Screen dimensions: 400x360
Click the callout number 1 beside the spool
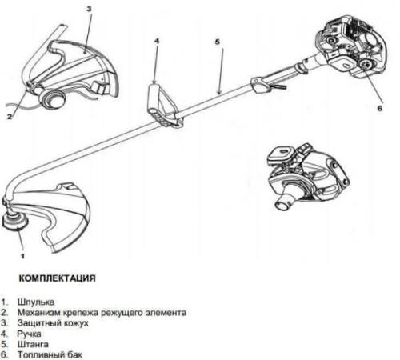click(x=22, y=256)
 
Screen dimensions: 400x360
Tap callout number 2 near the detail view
click(x=10, y=117)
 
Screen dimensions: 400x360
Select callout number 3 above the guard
click(x=89, y=9)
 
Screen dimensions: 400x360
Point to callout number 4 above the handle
click(x=157, y=41)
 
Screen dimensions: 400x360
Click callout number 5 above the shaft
click(x=218, y=42)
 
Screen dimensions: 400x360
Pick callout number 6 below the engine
click(x=380, y=108)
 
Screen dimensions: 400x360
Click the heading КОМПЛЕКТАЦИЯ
click(x=57, y=278)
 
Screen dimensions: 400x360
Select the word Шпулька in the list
click(x=36, y=302)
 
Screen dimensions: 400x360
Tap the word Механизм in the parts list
click(x=39, y=312)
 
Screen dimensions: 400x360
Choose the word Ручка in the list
click(x=29, y=334)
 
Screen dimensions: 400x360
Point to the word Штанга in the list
click(x=33, y=344)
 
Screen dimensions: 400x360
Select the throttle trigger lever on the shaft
click(x=278, y=86)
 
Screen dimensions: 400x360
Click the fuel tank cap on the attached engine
click(x=366, y=65)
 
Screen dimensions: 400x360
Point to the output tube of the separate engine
click(x=285, y=202)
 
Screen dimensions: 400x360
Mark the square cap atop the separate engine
click(x=281, y=154)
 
